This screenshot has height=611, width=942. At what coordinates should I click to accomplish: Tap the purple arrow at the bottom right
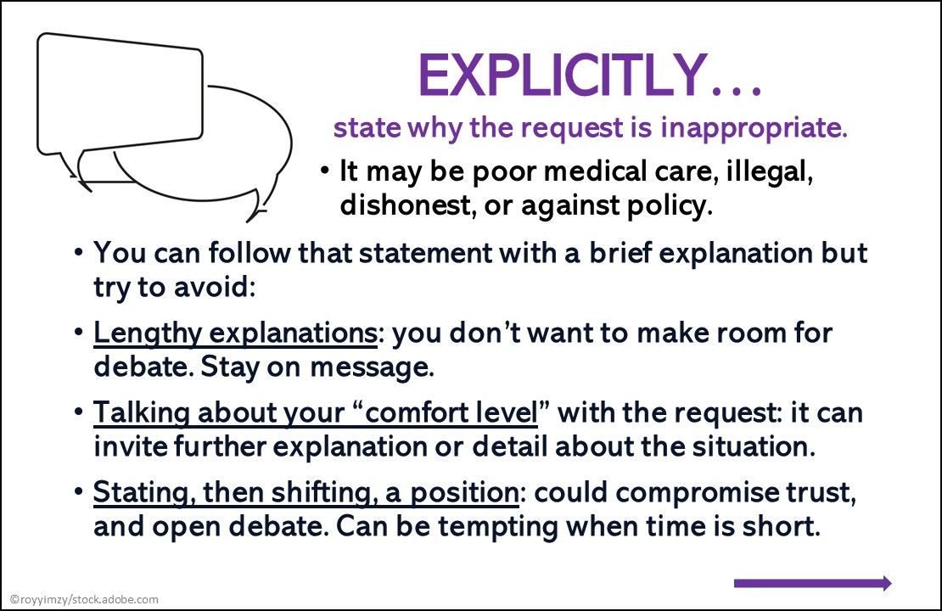(x=812, y=583)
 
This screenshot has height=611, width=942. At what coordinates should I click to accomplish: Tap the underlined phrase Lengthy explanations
(x=235, y=333)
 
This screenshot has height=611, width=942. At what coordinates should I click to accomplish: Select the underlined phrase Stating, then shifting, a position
(x=306, y=492)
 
